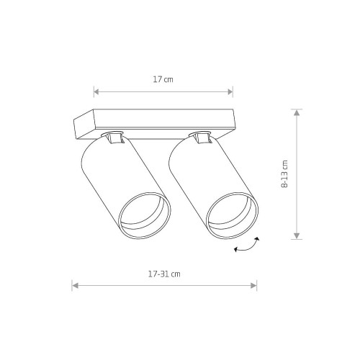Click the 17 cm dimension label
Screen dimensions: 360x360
[x=163, y=79]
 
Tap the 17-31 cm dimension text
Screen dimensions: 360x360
[x=164, y=274]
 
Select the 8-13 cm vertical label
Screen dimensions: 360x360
[x=284, y=174]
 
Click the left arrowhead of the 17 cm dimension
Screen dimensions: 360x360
[x=96, y=91]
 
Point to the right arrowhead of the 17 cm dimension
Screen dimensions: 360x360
[x=230, y=91]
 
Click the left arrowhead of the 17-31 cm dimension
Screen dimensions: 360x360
[x=75, y=286]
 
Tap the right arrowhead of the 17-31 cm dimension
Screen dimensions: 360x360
[x=253, y=286]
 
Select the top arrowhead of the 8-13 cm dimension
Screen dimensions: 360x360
[x=297, y=112]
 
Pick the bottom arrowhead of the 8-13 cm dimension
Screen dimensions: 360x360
[x=297, y=236]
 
